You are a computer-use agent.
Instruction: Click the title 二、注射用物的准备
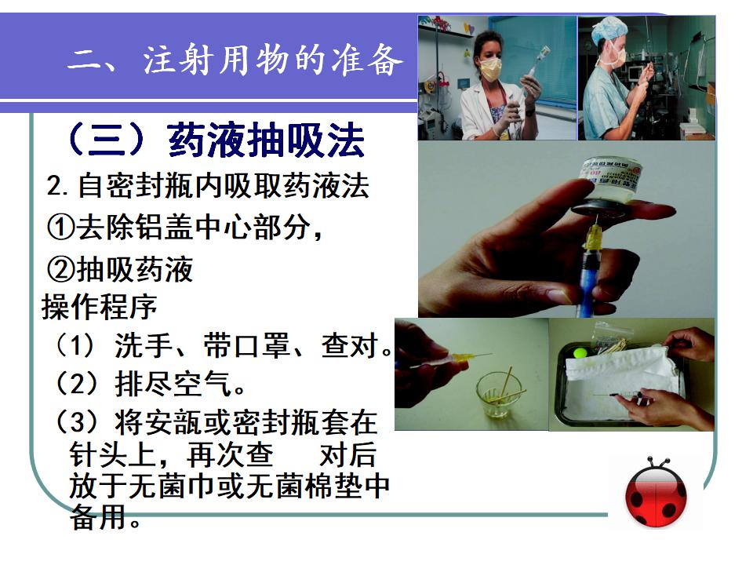(x=235, y=60)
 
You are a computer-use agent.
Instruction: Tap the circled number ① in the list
(x=61, y=228)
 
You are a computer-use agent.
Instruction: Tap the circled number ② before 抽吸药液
(x=61, y=269)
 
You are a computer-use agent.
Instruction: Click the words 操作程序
(x=100, y=307)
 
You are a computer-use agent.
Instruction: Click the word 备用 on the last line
(x=99, y=517)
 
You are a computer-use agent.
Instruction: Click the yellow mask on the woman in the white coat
(x=491, y=69)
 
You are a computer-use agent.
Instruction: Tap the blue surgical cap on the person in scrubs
(x=609, y=30)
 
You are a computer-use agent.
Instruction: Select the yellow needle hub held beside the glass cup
(x=460, y=360)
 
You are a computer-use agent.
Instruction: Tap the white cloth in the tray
(x=624, y=380)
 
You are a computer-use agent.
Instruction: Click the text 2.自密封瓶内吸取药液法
(x=208, y=186)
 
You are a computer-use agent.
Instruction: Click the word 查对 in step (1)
(x=350, y=345)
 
